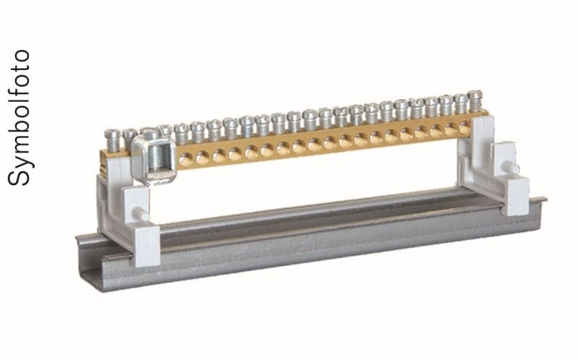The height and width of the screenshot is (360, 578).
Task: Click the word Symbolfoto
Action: coord(19,118)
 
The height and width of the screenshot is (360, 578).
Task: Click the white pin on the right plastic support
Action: coord(512,168)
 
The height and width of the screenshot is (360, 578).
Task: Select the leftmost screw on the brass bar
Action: coord(113,140)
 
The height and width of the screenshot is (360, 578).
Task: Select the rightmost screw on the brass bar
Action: coord(475,100)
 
